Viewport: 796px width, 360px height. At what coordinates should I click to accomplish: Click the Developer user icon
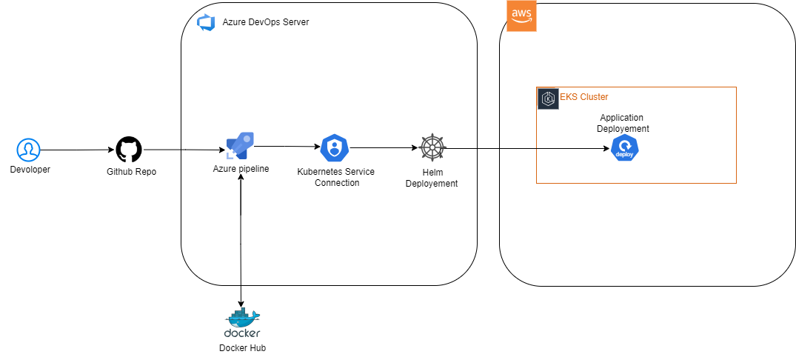coord(28,150)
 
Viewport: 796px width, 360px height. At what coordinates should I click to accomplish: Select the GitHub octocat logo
coord(128,150)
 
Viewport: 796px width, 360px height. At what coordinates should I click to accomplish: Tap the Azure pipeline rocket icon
coord(240,145)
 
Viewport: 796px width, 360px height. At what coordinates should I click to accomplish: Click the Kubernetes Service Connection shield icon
coord(335,149)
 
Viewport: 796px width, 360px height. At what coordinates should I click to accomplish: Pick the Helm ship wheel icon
coord(432,148)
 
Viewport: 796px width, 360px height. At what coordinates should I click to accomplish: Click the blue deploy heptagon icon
coord(624,149)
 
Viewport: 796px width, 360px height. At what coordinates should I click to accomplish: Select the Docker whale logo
coord(242,318)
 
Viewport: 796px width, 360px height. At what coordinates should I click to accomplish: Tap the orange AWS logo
coord(521,16)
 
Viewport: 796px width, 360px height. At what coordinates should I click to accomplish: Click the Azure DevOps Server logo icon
coord(205,22)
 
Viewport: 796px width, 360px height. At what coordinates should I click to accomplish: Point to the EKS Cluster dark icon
coord(548,99)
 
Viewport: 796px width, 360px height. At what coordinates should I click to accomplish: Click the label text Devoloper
coord(30,170)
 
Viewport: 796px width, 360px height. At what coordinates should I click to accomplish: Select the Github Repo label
coord(131,171)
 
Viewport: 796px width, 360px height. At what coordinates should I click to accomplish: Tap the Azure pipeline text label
coord(241,169)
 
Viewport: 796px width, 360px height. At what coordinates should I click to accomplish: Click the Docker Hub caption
coord(242,348)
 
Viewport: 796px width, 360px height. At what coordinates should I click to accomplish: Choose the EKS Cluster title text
coord(583,97)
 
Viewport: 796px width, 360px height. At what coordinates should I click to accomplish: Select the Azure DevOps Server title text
coord(265,22)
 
